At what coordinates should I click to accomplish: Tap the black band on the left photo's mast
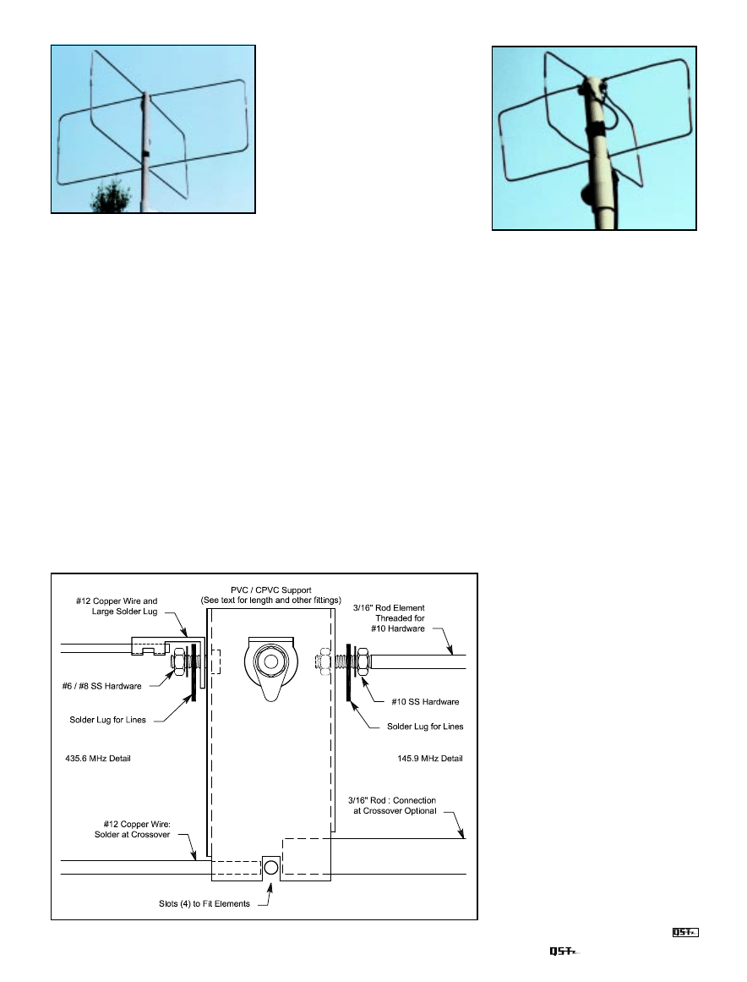[x=146, y=155]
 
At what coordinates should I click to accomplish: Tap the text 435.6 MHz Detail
[x=97, y=759]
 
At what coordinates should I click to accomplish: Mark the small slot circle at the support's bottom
[x=270, y=867]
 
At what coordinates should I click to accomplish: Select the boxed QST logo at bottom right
[x=684, y=933]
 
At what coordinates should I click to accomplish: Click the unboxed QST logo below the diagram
[x=562, y=952]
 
